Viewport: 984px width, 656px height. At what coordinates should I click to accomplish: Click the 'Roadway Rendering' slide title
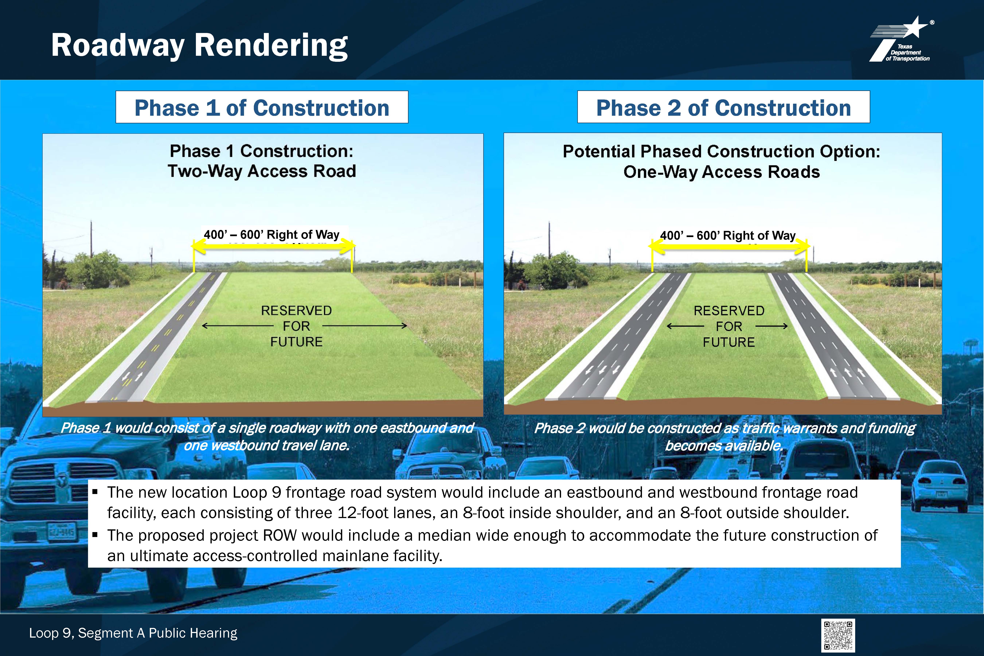[199, 46]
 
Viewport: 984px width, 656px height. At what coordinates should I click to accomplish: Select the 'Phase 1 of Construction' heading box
[262, 107]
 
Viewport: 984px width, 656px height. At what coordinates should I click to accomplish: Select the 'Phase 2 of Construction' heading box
[723, 107]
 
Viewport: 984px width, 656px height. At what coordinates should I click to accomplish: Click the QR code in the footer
[838, 635]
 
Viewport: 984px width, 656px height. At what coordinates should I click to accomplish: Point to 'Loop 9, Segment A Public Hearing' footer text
[133, 633]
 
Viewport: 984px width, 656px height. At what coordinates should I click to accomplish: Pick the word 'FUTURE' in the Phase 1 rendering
[296, 342]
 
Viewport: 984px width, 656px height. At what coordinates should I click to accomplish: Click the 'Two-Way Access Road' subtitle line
[262, 171]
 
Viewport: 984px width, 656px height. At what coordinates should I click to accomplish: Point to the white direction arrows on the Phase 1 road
[132, 376]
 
